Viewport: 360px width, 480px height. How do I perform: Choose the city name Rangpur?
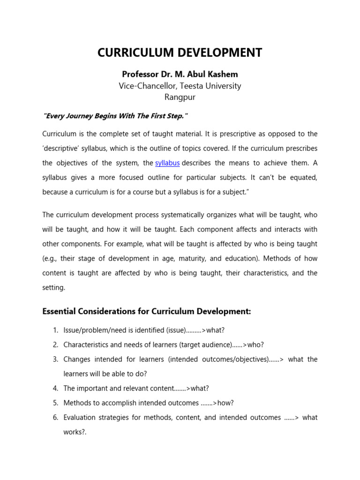[180, 97]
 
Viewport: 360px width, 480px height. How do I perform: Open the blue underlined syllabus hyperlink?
[167, 163]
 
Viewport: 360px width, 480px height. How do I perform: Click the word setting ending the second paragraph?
[53, 287]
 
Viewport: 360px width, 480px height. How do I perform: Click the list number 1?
[55, 330]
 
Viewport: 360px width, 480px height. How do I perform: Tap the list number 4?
[55, 389]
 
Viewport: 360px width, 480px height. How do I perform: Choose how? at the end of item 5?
[225, 403]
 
